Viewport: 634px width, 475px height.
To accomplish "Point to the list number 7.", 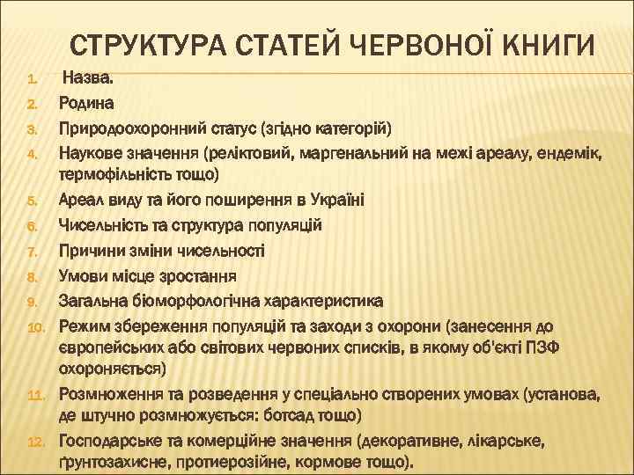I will tap(29, 252).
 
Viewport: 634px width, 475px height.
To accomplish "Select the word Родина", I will tap(87, 105).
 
